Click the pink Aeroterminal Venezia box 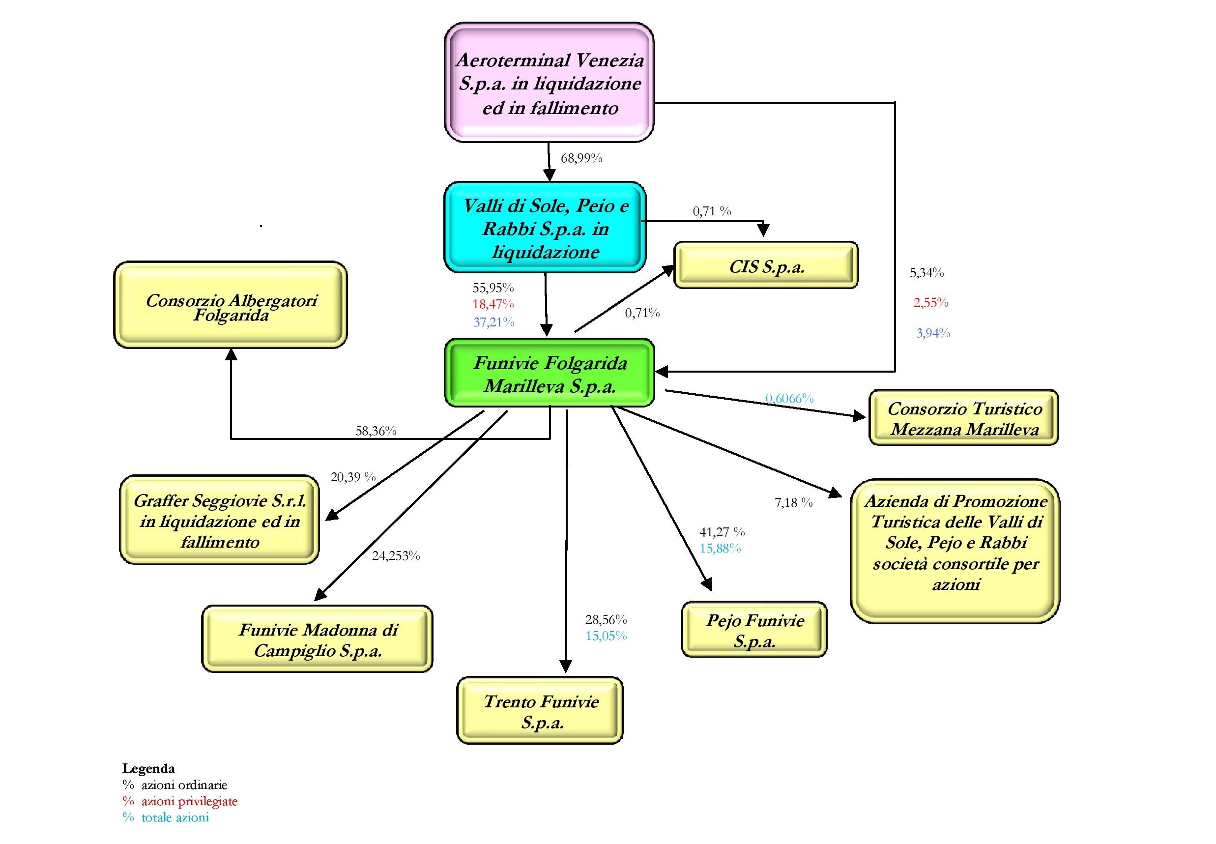[549, 83]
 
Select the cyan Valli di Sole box [545, 228]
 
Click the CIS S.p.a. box [766, 265]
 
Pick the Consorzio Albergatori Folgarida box [231, 305]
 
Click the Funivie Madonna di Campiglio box [317, 639]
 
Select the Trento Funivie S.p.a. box [540, 711]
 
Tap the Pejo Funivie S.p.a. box [754, 630]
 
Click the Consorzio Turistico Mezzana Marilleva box [964, 418]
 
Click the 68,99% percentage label [581, 158]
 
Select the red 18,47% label [493, 304]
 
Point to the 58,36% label [376, 431]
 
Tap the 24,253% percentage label [396, 556]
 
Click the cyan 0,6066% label [790, 398]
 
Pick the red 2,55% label [931, 302]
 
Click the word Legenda [148, 768]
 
